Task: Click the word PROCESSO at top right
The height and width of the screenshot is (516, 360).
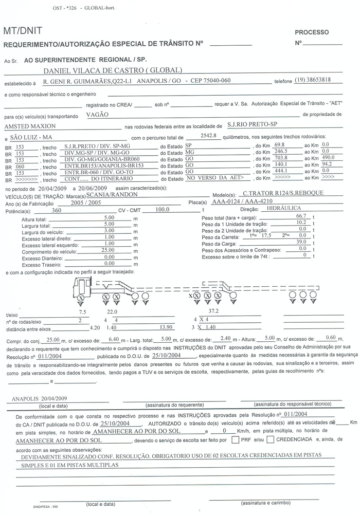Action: click(312, 32)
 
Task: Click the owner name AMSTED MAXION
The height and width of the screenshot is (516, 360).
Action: click(30, 126)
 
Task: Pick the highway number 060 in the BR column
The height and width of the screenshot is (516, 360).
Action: click(20, 167)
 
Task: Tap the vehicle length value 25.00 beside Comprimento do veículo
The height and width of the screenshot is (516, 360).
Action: click(109, 250)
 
